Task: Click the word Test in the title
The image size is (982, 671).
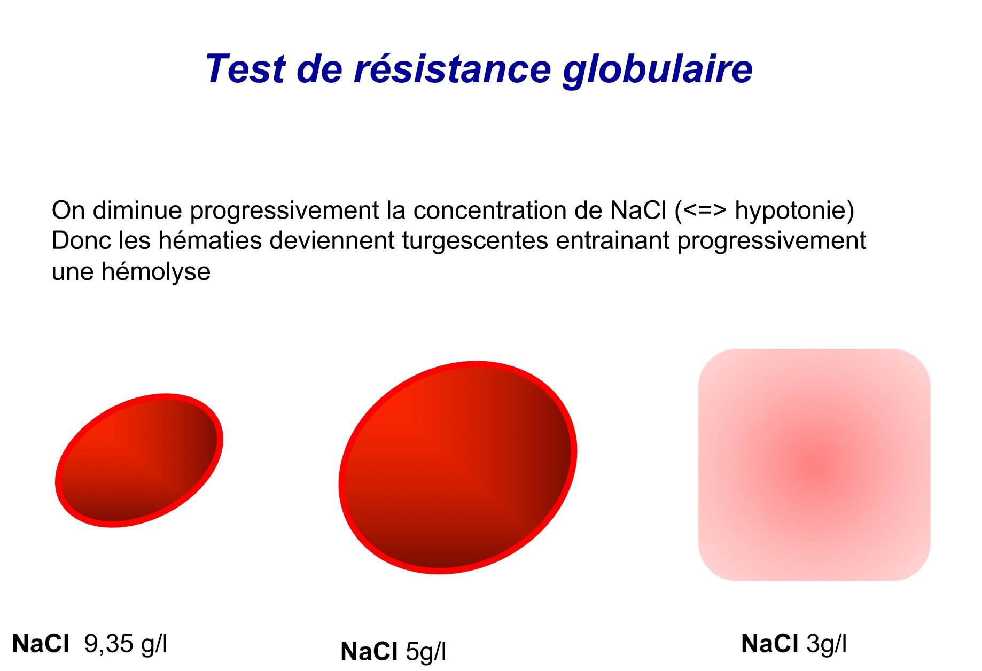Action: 246,69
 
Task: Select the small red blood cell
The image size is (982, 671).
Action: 139,461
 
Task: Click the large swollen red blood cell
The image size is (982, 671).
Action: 458,467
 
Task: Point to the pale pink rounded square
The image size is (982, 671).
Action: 814,465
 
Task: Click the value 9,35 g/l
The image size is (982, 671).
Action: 126,644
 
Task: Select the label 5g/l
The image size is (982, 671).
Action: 426,652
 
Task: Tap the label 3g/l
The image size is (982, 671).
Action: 827,644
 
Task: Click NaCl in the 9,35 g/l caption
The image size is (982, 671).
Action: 41,644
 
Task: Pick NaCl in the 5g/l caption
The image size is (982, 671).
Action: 369,652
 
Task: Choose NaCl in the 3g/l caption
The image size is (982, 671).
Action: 770,643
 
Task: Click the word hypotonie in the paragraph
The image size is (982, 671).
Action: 790,211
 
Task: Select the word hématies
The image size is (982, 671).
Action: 211,240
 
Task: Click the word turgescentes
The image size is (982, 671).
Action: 475,241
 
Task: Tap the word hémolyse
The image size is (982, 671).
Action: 156,272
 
